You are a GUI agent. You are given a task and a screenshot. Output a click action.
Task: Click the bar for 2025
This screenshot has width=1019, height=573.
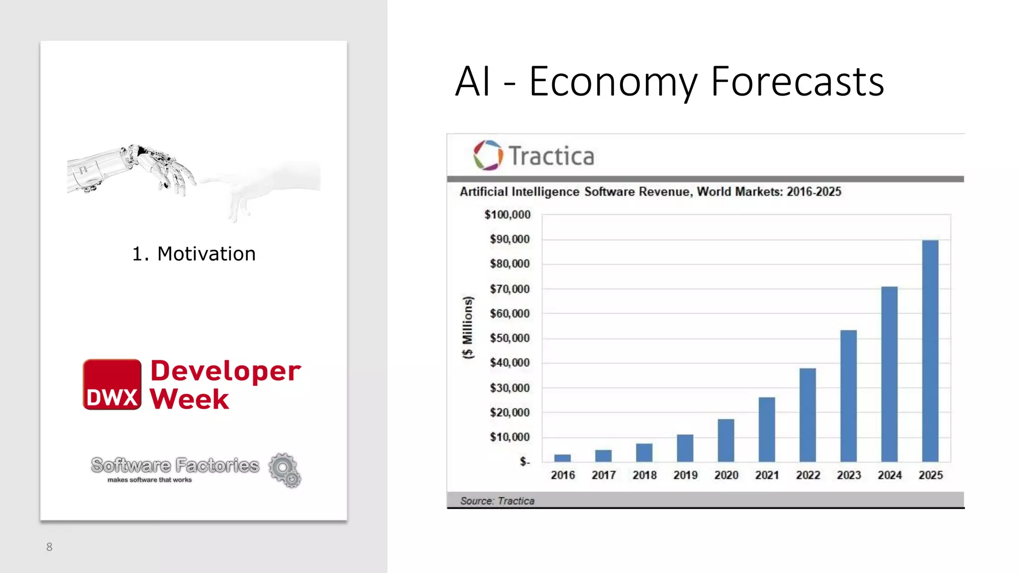930,351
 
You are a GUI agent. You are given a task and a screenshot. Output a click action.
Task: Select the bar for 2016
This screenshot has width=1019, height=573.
562,458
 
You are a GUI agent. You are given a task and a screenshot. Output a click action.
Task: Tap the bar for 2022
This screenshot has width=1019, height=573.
808,415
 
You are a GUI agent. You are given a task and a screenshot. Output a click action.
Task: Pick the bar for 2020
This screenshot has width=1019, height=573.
726,440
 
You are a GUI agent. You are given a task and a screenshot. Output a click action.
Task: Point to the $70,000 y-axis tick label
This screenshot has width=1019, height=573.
509,289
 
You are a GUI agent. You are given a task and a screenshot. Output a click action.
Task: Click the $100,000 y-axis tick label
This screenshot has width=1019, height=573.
508,215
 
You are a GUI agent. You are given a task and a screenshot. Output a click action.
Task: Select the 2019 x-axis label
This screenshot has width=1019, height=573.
685,476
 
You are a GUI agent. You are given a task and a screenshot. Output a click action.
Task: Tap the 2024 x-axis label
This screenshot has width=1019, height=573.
890,476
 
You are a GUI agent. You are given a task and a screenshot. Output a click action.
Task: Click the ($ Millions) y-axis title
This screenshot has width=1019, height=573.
468,327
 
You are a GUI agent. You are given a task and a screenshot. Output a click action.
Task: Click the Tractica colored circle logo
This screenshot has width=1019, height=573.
488,155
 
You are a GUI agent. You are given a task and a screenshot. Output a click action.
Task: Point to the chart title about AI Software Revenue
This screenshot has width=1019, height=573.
650,192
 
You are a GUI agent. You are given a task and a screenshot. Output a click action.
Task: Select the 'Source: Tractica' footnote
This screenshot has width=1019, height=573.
497,501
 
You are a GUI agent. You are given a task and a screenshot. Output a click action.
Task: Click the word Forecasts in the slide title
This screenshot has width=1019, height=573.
797,82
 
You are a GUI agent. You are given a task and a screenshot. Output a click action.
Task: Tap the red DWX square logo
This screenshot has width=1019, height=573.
112,384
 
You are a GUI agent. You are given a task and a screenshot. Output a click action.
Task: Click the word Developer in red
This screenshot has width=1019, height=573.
225,371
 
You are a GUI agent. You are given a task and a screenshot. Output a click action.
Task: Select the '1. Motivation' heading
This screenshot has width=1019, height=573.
194,254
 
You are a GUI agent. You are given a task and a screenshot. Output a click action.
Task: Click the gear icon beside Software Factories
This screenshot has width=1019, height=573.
285,470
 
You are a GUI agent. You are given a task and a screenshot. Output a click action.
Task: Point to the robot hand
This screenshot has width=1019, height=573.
134,169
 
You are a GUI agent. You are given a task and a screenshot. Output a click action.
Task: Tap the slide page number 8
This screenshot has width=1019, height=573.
49,547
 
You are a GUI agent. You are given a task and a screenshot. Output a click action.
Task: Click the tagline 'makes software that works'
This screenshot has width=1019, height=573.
149,480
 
